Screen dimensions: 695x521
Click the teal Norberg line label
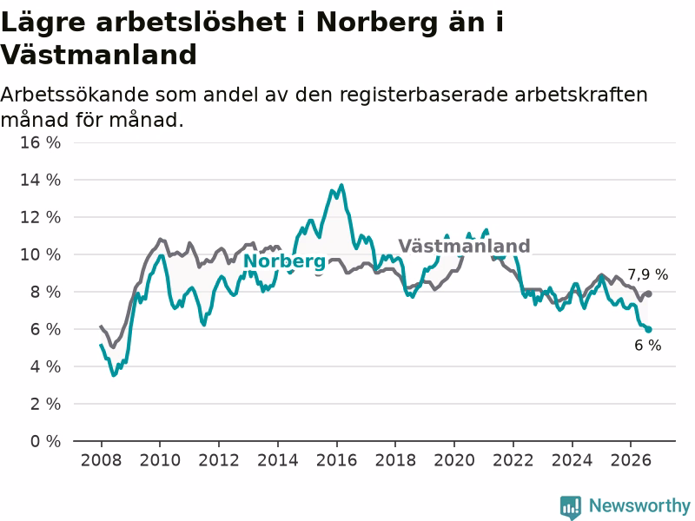coord(285,261)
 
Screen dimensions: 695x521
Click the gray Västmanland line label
coord(464,246)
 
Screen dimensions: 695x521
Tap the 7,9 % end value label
coord(647,274)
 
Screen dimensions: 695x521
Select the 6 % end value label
coord(647,345)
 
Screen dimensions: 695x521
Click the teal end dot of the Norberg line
coord(648,329)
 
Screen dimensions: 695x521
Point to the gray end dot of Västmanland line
coord(648,293)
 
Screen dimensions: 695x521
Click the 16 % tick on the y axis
coord(40,142)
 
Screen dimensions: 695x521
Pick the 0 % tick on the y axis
coord(45,441)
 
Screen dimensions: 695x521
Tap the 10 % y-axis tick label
coord(40,254)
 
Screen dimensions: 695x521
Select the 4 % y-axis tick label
coord(45,366)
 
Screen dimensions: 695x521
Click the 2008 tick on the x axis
coord(101,460)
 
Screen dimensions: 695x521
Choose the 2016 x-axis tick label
coord(336,460)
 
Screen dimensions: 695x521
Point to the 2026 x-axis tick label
coord(631,460)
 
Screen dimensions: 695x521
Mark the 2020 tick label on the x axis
coord(454,460)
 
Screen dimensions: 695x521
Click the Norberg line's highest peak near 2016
coord(341,185)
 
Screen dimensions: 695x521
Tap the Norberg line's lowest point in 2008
coord(114,375)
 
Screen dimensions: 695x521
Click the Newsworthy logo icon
coord(571,507)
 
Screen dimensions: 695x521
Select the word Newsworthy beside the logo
coord(639,505)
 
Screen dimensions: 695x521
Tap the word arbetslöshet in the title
coord(191,23)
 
